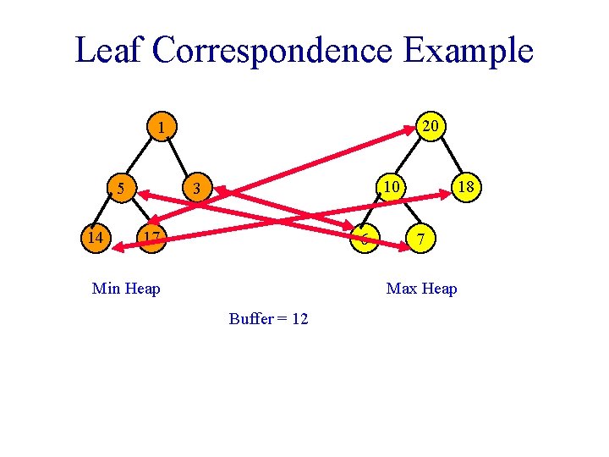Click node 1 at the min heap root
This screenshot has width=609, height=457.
point(160,129)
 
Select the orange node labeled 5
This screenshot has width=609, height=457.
point(122,188)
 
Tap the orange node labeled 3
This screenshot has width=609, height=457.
point(196,188)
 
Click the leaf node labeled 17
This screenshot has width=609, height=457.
point(151,238)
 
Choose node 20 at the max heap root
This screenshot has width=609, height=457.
point(430,126)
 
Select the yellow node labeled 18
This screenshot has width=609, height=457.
point(464,186)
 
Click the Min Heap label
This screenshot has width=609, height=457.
point(126,289)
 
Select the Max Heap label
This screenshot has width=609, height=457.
point(421,289)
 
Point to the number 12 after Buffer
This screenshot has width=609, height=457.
point(298,320)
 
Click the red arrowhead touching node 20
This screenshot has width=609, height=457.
point(409,135)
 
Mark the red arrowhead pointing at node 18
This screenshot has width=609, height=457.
point(446,195)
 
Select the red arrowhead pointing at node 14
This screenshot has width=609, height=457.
point(118,246)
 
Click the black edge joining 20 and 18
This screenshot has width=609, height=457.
point(448,157)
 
